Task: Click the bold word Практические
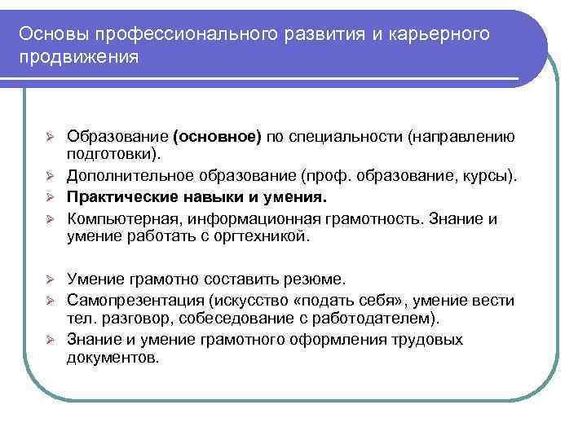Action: coord(117,197)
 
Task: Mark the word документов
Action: coord(113,357)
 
